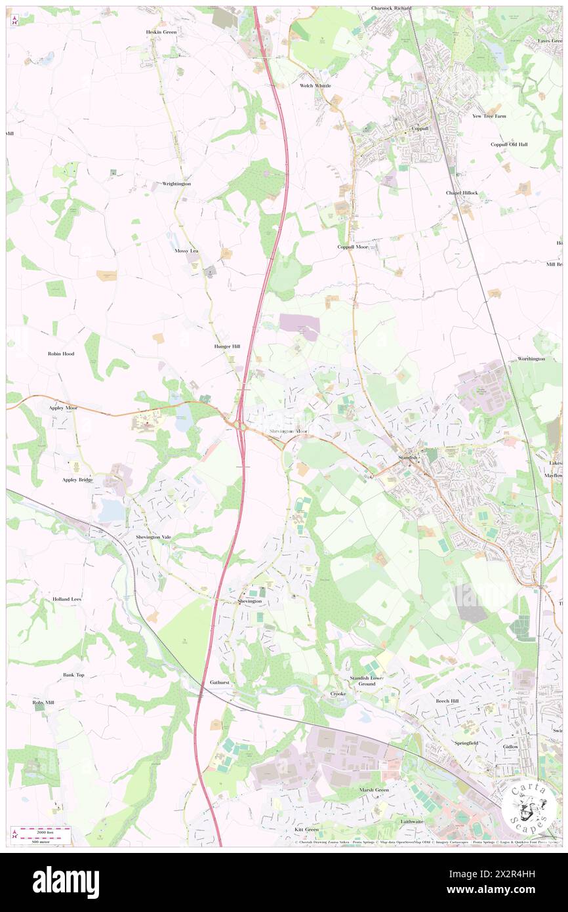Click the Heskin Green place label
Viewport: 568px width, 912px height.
click(x=161, y=31)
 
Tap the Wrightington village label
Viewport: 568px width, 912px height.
click(x=176, y=184)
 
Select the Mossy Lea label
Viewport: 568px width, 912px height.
click(x=186, y=251)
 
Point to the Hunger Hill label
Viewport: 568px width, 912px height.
click(x=227, y=346)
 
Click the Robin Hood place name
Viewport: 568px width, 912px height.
click(x=61, y=354)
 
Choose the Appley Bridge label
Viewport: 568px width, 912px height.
click(x=77, y=480)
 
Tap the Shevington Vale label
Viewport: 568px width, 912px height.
click(x=153, y=537)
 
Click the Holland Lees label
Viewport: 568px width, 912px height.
click(x=68, y=599)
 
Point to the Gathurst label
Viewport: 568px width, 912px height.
click(x=220, y=682)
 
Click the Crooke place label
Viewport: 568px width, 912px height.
click(x=338, y=694)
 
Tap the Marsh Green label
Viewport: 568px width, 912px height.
click(x=374, y=790)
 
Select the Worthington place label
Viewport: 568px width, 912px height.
click(x=531, y=359)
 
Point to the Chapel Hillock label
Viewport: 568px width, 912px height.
click(x=462, y=193)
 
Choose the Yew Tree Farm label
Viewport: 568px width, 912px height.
click(x=490, y=116)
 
